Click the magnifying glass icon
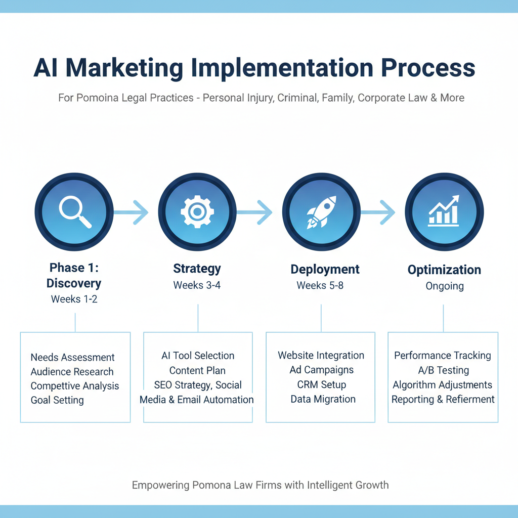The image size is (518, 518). click(75, 212)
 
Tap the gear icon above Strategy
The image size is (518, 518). click(197, 212)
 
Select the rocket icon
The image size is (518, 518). click(321, 212)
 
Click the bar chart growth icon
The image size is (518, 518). click(444, 212)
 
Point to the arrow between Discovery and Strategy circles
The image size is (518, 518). click(133, 212)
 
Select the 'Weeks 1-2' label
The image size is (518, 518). click(74, 299)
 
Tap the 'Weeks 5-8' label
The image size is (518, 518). click(320, 285)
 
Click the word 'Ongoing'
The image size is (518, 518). click(445, 286)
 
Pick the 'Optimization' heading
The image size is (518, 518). click(445, 270)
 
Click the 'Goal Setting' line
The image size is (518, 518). click(57, 400)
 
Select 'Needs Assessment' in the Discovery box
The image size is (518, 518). click(73, 358)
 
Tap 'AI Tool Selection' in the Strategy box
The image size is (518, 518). click(198, 356)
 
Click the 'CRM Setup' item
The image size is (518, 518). click(322, 384)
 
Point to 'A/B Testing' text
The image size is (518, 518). click(444, 370)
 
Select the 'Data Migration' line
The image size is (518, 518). click(323, 399)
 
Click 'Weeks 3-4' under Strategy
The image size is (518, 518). click(197, 285)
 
